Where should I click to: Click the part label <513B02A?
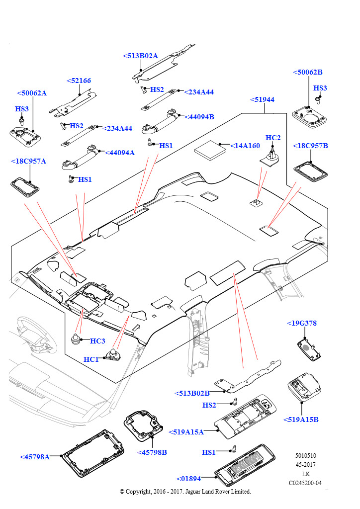click(140, 56)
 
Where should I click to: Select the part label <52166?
click(79, 81)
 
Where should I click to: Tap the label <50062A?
click(32, 93)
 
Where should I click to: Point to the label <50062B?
click(308, 72)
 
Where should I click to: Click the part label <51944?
click(262, 99)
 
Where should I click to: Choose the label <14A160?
click(245, 146)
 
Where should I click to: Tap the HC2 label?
click(273, 138)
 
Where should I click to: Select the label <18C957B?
click(310, 146)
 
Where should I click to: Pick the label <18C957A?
click(28, 161)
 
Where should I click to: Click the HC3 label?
click(97, 341)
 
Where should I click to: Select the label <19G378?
click(302, 323)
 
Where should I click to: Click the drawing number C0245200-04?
click(305, 483)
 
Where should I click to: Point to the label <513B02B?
click(192, 393)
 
